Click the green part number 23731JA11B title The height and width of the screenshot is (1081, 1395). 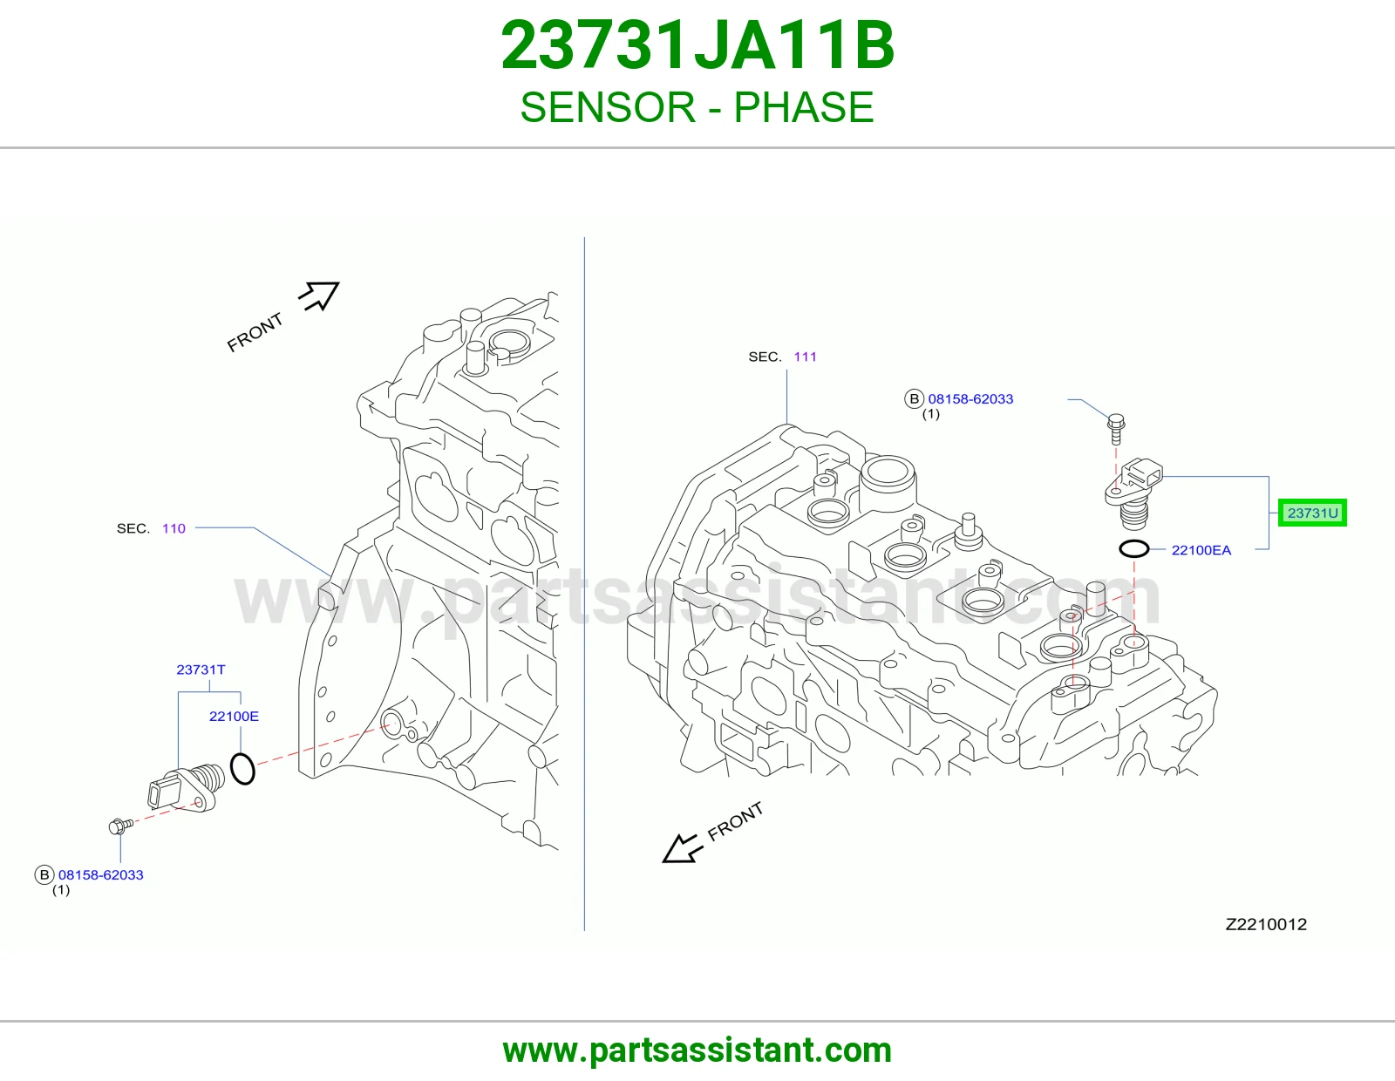[697, 45]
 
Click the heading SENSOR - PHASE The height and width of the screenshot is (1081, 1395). [697, 107]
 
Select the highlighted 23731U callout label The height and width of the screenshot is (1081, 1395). [1312, 513]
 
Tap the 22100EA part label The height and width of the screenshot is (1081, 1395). [1201, 550]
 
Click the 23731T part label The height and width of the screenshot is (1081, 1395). [201, 670]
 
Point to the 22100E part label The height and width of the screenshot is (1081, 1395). [234, 717]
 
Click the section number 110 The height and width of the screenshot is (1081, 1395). [174, 528]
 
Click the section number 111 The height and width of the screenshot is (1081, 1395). [805, 357]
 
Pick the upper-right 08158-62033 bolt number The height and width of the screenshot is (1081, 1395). [970, 398]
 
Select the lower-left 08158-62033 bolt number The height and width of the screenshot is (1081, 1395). [101, 875]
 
